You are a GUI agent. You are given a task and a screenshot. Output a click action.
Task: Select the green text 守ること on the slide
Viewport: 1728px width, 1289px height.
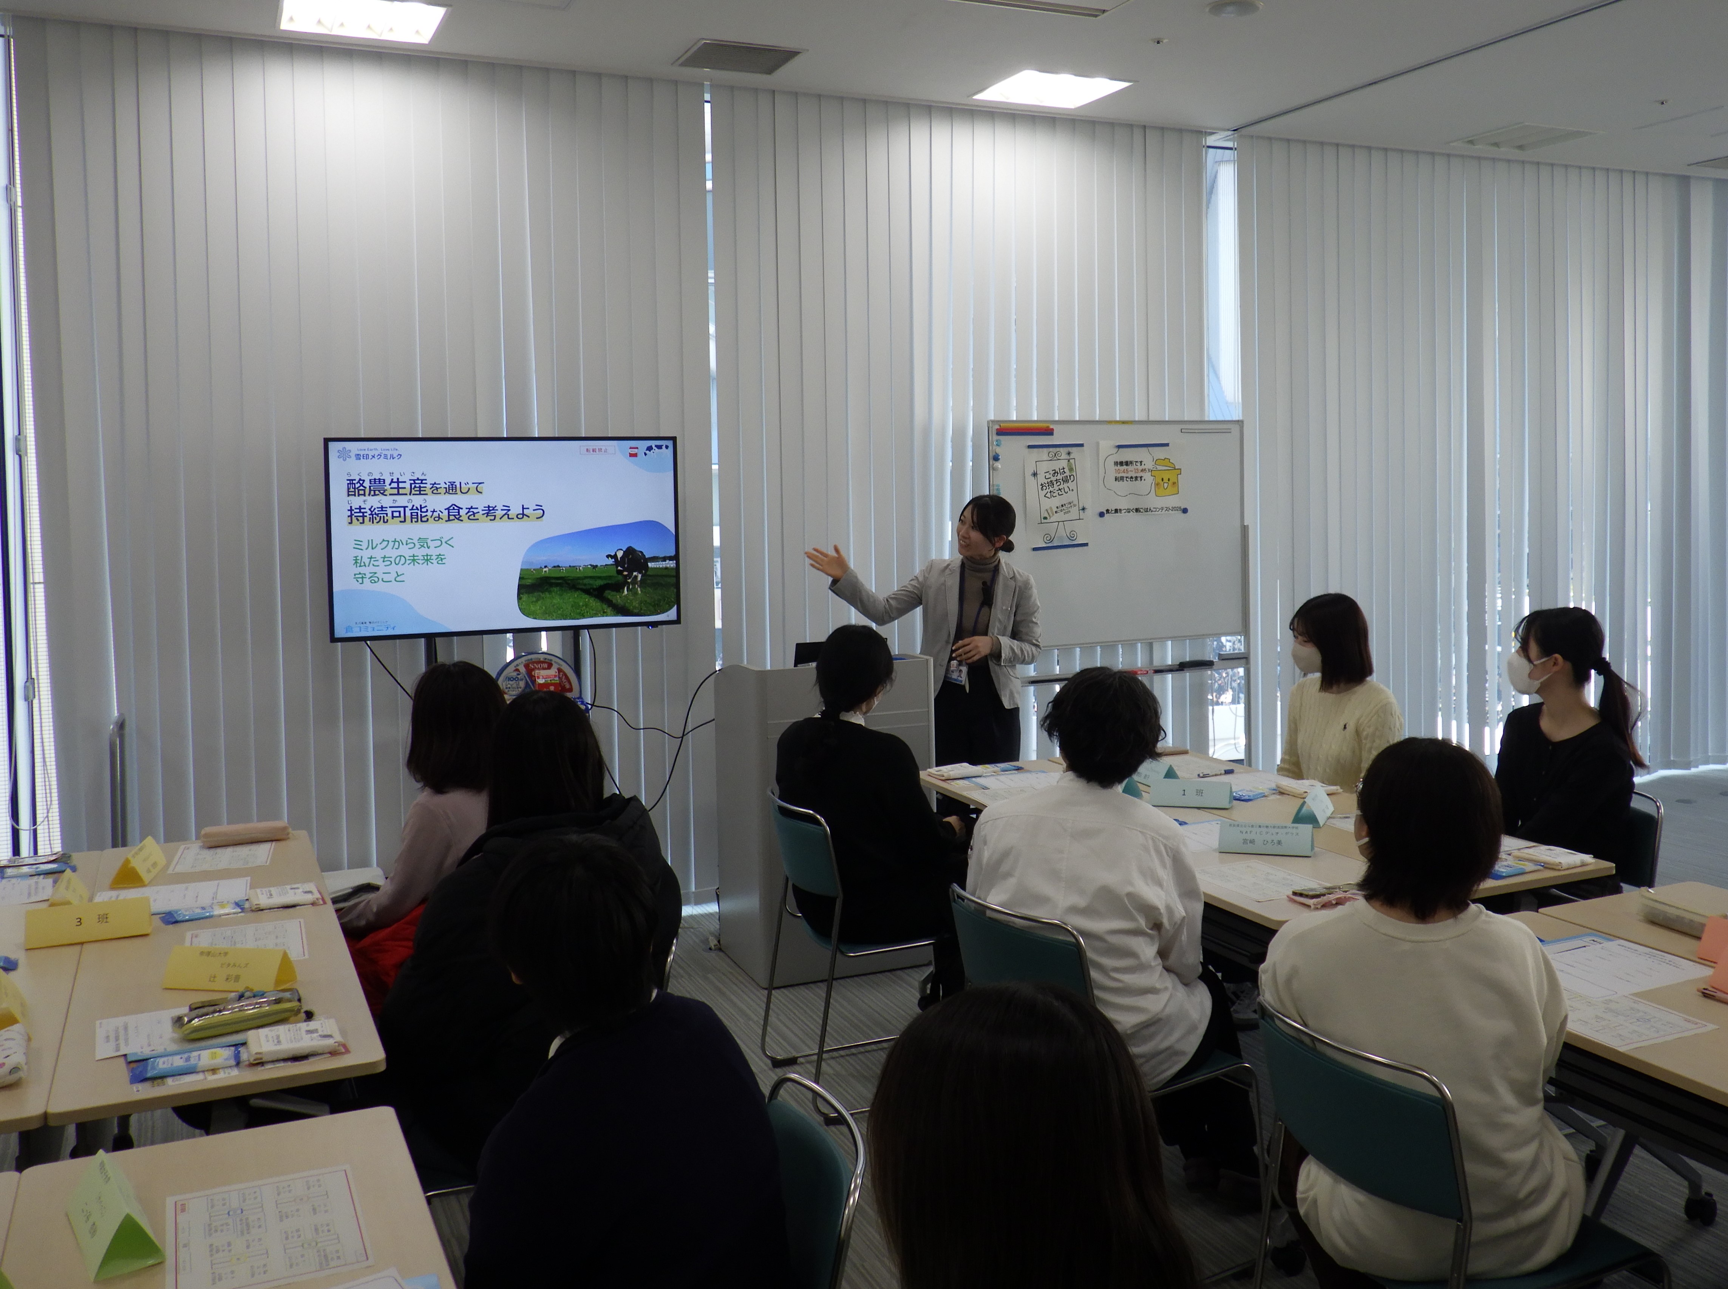click(x=379, y=577)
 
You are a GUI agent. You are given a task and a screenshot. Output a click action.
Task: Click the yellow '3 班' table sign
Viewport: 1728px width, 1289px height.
click(x=87, y=921)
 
